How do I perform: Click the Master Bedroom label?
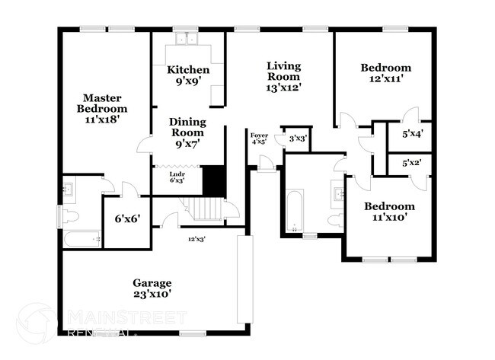pyautogui.click(x=103, y=108)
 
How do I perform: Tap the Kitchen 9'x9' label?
pyautogui.click(x=188, y=75)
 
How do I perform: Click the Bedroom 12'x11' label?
pyautogui.click(x=385, y=72)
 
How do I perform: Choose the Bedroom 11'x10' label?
pyautogui.click(x=388, y=212)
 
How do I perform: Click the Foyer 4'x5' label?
pyautogui.click(x=259, y=138)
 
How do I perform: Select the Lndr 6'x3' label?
pyautogui.click(x=177, y=177)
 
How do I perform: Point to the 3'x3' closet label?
pyautogui.click(x=297, y=139)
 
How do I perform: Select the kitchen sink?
pyautogui.click(x=185, y=40)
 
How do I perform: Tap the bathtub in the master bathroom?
pyautogui.click(x=81, y=239)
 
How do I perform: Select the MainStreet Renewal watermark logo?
pyautogui.click(x=37, y=323)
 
